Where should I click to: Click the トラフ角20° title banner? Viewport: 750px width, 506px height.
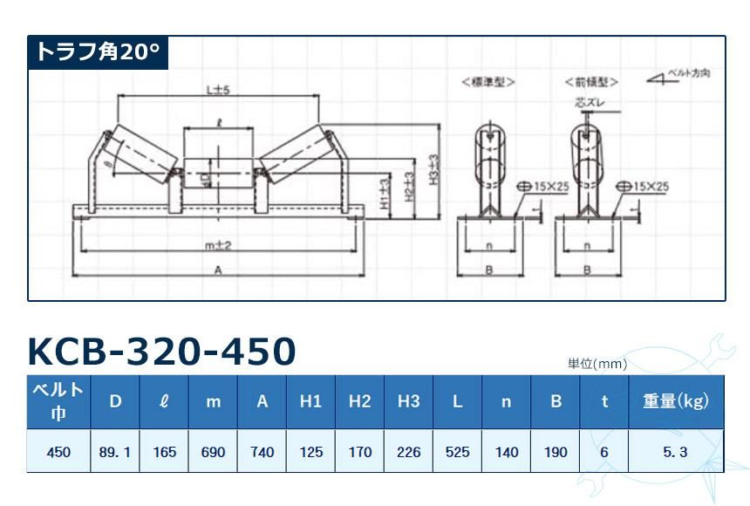point(97,52)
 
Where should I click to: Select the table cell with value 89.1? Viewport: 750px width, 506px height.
point(115,452)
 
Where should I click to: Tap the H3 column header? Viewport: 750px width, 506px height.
point(408,401)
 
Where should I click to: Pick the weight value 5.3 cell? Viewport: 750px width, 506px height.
point(676,452)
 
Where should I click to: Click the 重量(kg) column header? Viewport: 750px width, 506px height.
point(676,401)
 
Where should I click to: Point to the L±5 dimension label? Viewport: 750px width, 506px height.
point(217,89)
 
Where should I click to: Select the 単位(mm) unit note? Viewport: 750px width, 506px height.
point(597,364)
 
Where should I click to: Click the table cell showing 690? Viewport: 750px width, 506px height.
point(213,452)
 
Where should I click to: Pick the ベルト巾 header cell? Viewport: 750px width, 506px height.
point(58,401)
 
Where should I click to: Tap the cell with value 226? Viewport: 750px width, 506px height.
point(408,452)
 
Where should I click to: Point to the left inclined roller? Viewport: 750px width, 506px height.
point(141,154)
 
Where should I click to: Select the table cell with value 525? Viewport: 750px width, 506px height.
point(457,452)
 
